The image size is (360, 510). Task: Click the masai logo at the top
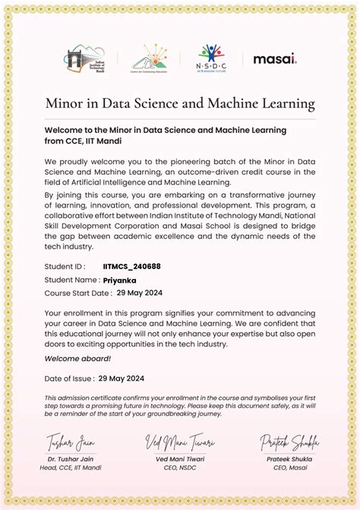coord(275,59)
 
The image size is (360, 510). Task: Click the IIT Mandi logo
coord(83,59)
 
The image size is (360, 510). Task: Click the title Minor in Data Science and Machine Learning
coord(180,103)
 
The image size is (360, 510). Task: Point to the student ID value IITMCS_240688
coord(132,267)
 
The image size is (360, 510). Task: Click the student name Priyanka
coord(120,280)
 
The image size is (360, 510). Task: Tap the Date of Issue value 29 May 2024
coord(122,378)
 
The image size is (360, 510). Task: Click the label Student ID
coord(65,267)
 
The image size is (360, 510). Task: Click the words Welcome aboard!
coord(77,359)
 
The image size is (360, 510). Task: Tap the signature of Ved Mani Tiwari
coord(181,442)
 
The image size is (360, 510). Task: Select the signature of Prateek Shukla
coord(289,442)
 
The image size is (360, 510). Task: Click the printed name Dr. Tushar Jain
coord(74,458)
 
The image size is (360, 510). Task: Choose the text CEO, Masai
coord(290,467)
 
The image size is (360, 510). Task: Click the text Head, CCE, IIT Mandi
coord(74,467)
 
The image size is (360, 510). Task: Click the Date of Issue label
coord(69,378)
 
